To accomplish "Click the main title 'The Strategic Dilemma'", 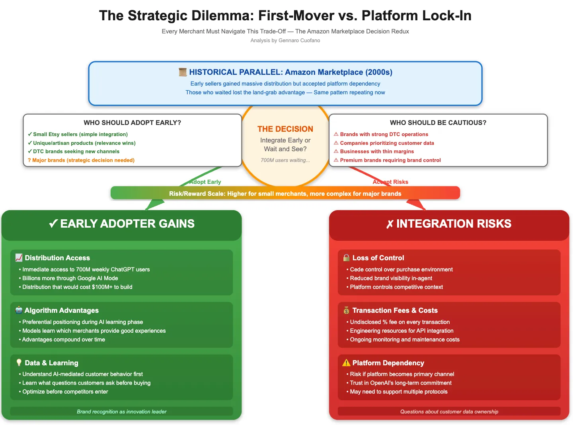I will (x=285, y=16).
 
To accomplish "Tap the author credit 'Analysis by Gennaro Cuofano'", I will (x=285, y=41).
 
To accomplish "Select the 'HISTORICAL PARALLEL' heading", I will (x=290, y=72).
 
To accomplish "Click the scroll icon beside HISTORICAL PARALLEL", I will (x=183, y=72).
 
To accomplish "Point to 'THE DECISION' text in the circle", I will (x=285, y=129).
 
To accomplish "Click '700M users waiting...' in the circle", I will (x=285, y=160).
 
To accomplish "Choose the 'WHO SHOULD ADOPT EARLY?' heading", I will (x=132, y=123).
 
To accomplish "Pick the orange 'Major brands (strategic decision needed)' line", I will (x=83, y=160).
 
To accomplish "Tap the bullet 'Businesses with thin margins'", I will (x=376, y=151).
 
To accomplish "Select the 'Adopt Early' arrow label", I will (x=205, y=182).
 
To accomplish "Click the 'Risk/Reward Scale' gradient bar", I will (x=285, y=193).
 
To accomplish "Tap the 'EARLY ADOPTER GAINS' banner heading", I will (x=122, y=224).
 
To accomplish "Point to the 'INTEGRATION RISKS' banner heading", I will (x=449, y=224).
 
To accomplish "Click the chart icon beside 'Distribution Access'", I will (x=19, y=257).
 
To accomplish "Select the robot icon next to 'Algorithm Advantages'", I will (x=19, y=310).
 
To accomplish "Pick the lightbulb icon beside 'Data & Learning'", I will (x=19, y=363).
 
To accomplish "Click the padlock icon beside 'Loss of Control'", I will (x=346, y=257).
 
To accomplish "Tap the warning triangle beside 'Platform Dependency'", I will (x=346, y=363).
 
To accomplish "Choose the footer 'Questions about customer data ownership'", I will (x=449, y=411).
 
